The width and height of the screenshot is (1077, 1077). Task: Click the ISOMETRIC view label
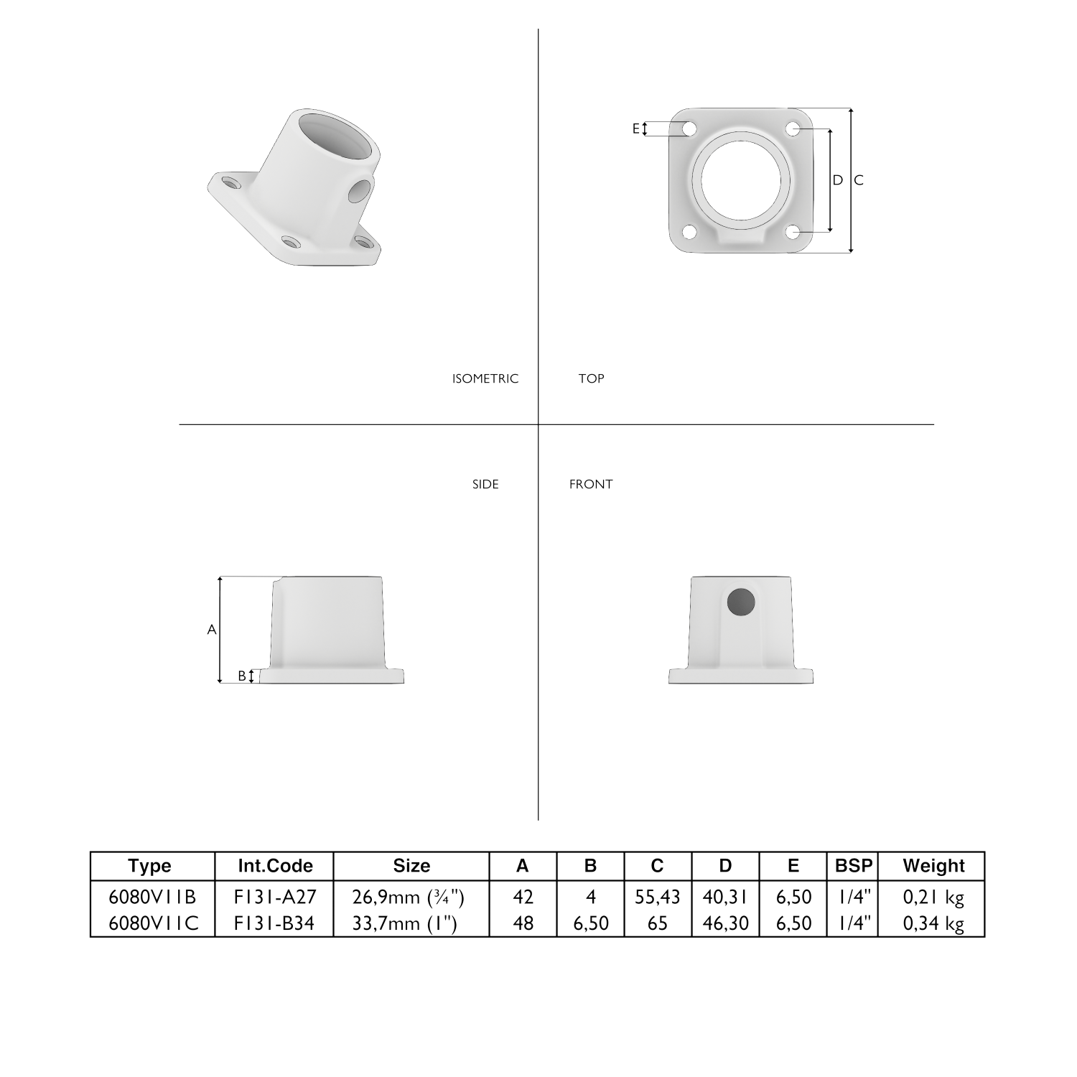pyautogui.click(x=485, y=378)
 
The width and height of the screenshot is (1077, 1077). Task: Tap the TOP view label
pyautogui.click(x=591, y=378)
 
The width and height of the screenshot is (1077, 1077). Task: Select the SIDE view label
pyautogui.click(x=485, y=484)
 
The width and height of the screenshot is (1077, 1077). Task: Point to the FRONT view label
pyautogui.click(x=591, y=484)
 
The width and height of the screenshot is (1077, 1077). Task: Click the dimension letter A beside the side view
pyautogui.click(x=212, y=630)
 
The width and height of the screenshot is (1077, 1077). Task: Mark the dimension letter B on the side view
pyautogui.click(x=242, y=676)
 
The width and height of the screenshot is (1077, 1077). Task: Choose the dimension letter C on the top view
pyautogui.click(x=859, y=180)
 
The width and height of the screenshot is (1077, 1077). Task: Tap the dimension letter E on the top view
pyautogui.click(x=635, y=129)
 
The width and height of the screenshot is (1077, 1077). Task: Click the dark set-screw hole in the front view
pyautogui.click(x=741, y=602)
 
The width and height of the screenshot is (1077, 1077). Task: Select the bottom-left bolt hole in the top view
pyautogui.click(x=689, y=232)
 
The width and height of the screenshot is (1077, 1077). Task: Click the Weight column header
pyautogui.click(x=933, y=866)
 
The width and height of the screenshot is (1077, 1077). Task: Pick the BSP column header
pyautogui.click(x=854, y=866)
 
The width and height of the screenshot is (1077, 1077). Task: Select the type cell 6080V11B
pyautogui.click(x=152, y=897)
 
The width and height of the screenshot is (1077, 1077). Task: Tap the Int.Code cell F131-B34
pyautogui.click(x=274, y=923)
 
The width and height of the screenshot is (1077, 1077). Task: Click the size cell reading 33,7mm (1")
pyautogui.click(x=405, y=923)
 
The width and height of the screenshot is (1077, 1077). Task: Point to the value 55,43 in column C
pyautogui.click(x=658, y=897)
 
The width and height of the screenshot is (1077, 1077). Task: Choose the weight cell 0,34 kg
pyautogui.click(x=933, y=923)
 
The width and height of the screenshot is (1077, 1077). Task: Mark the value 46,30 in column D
pyautogui.click(x=725, y=923)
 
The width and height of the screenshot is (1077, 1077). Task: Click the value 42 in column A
pyautogui.click(x=523, y=897)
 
